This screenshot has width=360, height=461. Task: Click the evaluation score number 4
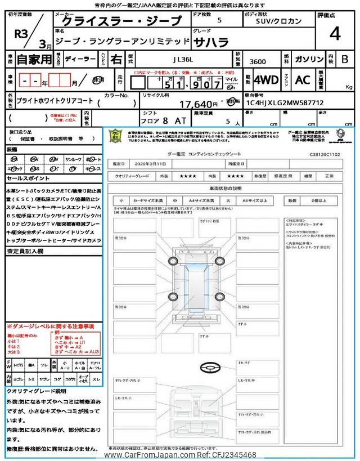pos(335,34)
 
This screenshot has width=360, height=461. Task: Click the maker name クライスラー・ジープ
pos(121,21)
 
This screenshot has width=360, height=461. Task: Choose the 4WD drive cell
pos(266,80)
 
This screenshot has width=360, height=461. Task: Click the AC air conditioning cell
pos(303,80)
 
